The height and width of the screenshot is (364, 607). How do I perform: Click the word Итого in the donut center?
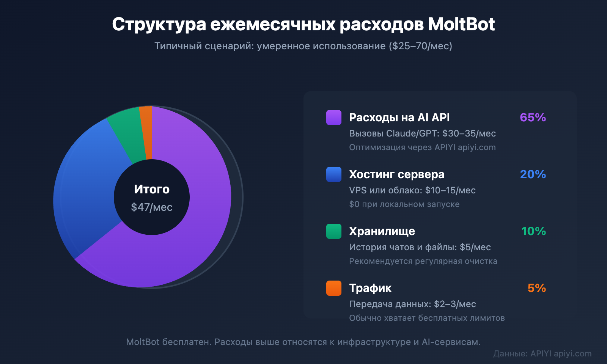(x=152, y=189)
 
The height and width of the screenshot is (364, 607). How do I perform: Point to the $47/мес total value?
(x=152, y=207)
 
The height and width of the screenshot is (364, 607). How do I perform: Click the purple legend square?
(x=334, y=118)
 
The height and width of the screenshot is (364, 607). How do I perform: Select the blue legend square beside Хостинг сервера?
(x=334, y=174)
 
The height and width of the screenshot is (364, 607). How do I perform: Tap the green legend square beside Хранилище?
(x=334, y=231)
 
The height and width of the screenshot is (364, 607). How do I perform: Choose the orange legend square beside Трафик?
(x=334, y=288)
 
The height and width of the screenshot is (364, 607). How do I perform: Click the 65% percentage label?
(x=533, y=118)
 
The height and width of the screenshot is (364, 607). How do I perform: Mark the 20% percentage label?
(x=533, y=174)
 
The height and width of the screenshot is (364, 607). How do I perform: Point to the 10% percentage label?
(x=533, y=231)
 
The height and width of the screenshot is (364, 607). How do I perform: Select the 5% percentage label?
(x=536, y=288)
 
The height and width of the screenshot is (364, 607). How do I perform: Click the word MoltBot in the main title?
(x=461, y=24)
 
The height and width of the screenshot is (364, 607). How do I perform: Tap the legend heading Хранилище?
(x=382, y=231)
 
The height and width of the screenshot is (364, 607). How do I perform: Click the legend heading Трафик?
(x=370, y=288)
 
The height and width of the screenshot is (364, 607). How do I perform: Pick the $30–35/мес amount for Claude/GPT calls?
(x=469, y=133)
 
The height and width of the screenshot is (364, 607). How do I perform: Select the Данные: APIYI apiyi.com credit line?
(x=542, y=354)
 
